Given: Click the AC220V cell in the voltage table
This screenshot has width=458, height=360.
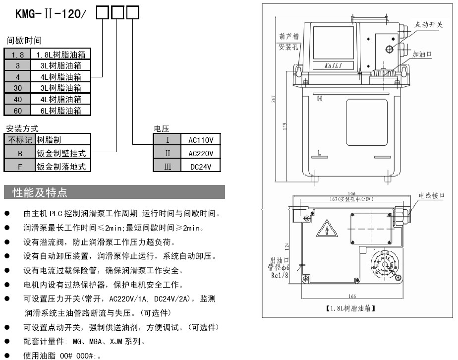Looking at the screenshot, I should [x=201, y=153].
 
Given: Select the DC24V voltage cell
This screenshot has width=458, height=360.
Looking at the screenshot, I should [x=201, y=167].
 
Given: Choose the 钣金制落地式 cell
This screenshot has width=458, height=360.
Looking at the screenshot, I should [x=62, y=167].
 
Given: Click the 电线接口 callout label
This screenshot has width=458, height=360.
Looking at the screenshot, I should [x=431, y=196].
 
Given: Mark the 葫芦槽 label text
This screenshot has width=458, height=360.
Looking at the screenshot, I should [x=287, y=37].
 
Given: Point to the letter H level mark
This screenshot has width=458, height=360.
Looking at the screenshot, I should [x=320, y=98].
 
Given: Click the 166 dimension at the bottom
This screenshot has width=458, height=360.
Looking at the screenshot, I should [x=352, y=297].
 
